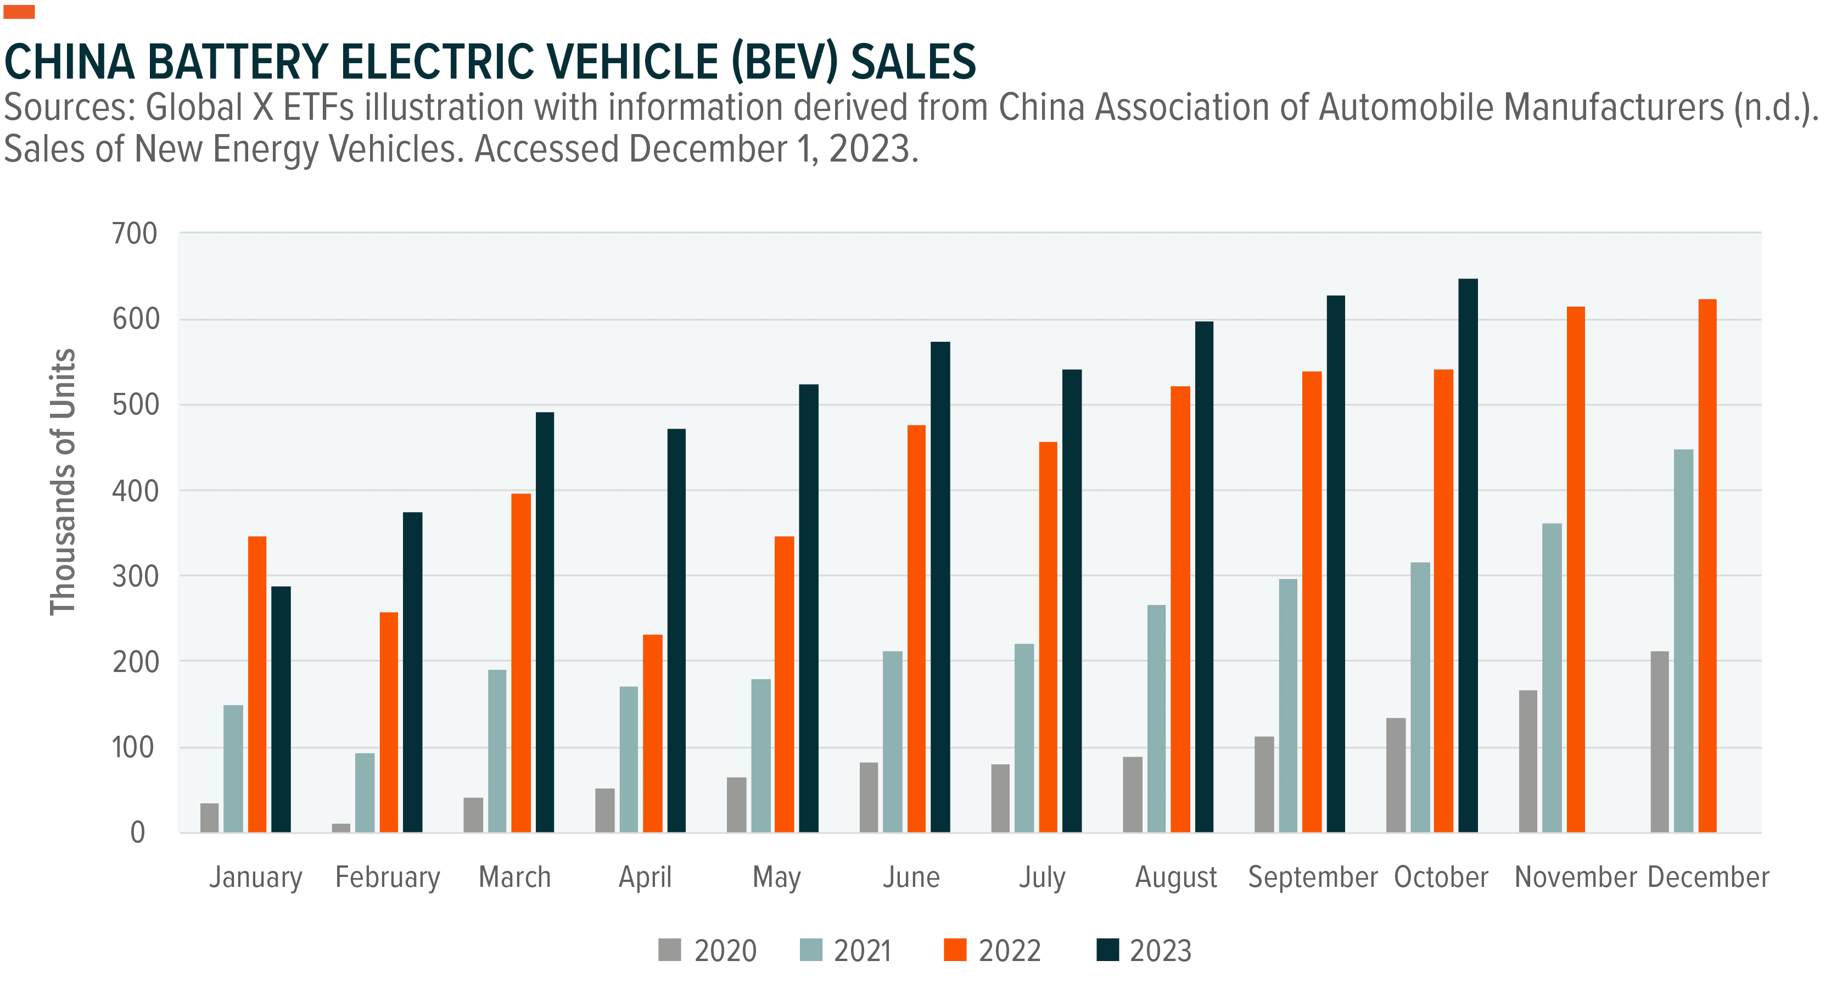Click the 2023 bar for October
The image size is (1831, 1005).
click(1468, 555)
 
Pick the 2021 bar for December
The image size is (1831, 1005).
click(1683, 640)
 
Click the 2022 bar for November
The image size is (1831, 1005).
click(1575, 569)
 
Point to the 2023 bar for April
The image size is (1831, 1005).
click(676, 630)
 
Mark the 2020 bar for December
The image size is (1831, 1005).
click(1659, 741)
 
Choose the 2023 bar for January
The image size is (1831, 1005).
click(281, 709)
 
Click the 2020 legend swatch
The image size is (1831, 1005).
click(669, 950)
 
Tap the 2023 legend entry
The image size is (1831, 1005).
click(1144, 950)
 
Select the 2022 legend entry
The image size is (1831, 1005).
click(992, 950)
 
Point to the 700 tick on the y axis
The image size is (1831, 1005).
click(135, 234)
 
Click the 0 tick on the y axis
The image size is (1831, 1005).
click(138, 832)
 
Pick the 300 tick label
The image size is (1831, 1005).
click(135, 576)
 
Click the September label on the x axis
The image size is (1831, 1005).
click(1312, 877)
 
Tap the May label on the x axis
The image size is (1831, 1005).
click(776, 877)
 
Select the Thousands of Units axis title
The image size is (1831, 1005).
click(63, 482)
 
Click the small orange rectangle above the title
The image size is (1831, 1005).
click(19, 12)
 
